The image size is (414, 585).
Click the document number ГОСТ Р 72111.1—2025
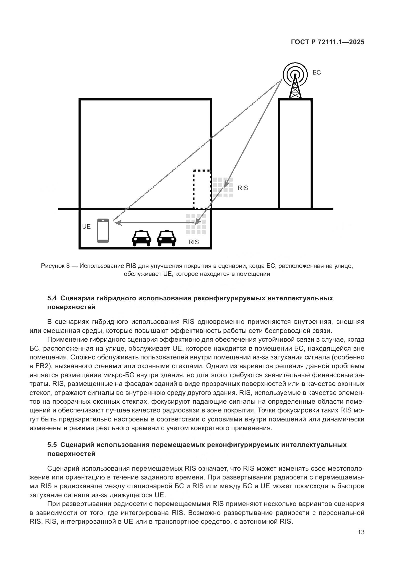pyautogui.click(x=328, y=42)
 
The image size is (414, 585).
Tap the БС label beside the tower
pyautogui.click(x=317, y=73)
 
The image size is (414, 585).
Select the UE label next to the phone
pyautogui.click(x=86, y=227)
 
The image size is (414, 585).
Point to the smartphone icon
pyautogui.click(x=103, y=230)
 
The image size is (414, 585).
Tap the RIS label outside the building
pyautogui.click(x=243, y=188)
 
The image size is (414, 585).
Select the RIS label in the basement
pyautogui.click(x=193, y=242)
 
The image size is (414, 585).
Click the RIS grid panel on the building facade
pyautogui.click(x=223, y=188)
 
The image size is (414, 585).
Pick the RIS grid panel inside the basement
pyautogui.click(x=196, y=224)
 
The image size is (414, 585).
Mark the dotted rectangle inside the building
pyautogui.click(x=202, y=189)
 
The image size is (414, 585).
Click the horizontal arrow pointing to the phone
pyautogui.click(x=153, y=223)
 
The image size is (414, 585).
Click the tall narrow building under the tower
pyautogui.click(x=295, y=154)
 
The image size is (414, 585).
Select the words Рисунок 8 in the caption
pyautogui.click(x=55, y=266)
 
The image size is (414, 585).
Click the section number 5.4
pyautogui.click(x=52, y=298)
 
